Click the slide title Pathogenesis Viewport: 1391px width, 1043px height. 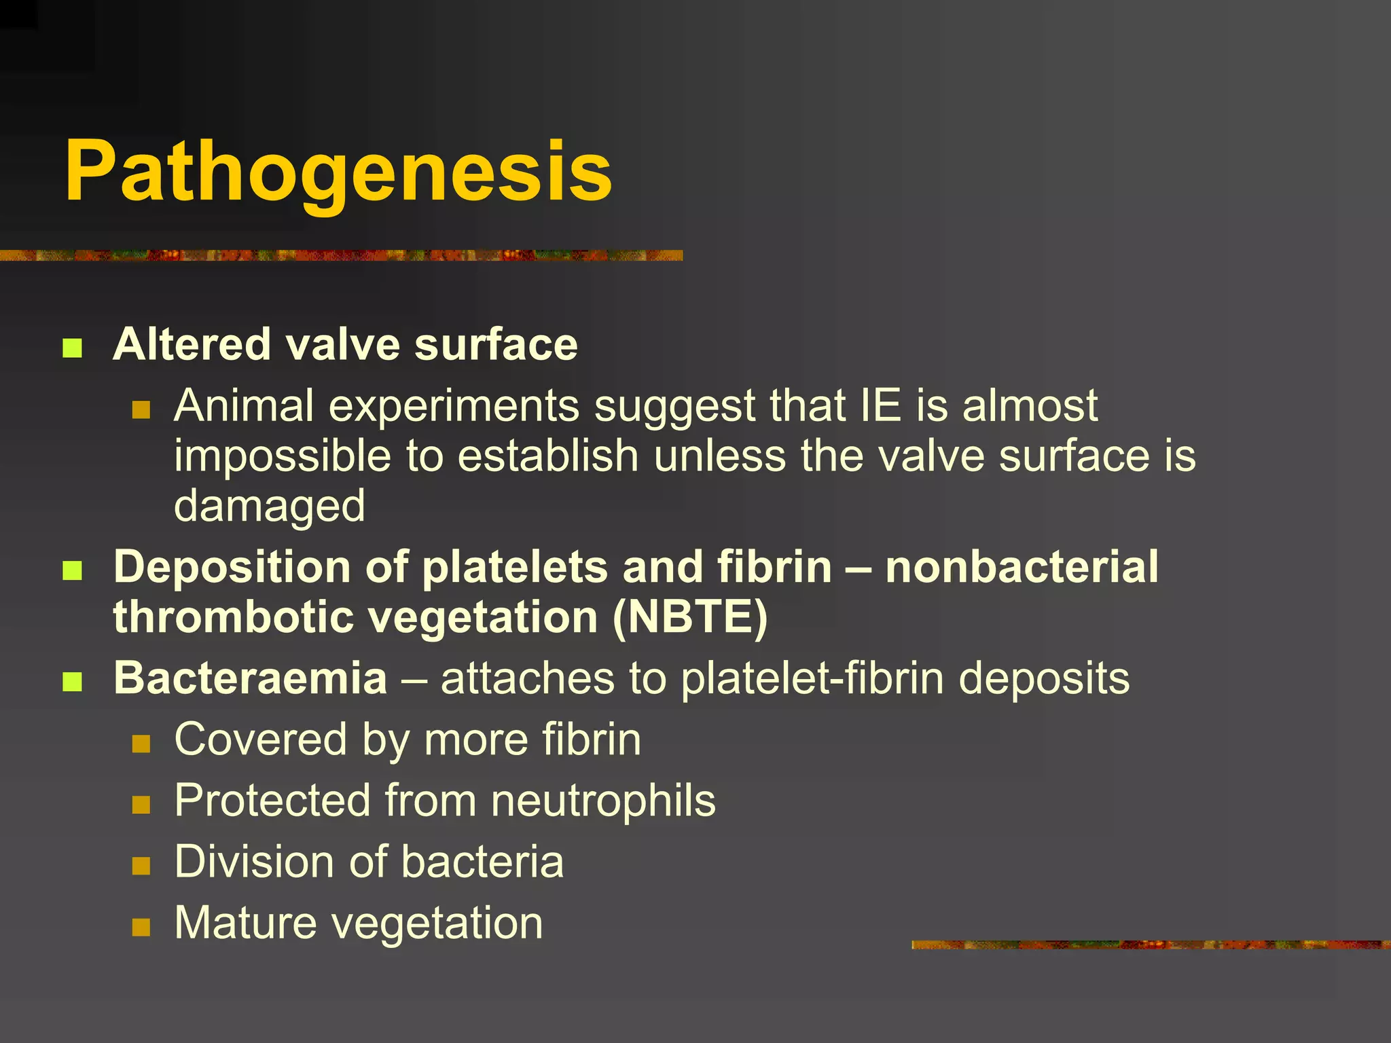coord(338,172)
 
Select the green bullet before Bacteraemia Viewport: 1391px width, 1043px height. coord(72,681)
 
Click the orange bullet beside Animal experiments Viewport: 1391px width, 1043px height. coord(141,409)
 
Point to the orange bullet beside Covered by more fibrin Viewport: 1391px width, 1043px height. coord(141,744)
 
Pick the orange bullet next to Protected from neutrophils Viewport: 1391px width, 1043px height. coord(141,805)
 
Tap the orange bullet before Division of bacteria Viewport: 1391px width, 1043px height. coord(141,866)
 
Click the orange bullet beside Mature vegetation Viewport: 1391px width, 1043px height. coord(141,927)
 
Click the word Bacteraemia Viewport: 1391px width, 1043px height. coord(250,678)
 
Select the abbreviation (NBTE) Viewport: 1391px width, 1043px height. coord(690,618)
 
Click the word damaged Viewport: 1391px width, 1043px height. coord(270,507)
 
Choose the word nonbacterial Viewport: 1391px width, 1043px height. coord(1022,567)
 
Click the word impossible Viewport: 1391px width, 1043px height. coord(282,456)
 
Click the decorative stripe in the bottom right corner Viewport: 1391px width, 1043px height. coord(1151,945)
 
